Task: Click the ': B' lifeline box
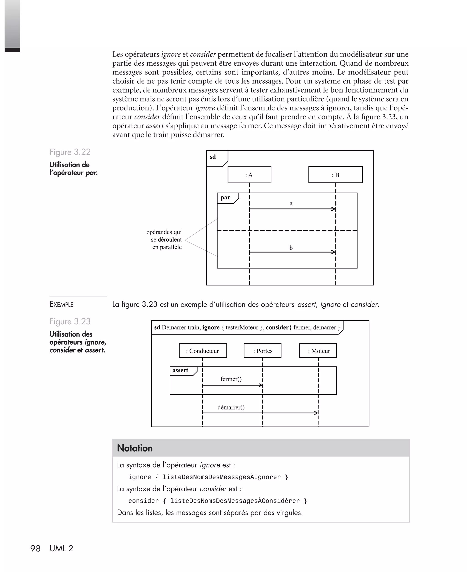335,175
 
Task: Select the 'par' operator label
225,198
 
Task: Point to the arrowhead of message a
334,209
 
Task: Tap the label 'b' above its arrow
291,248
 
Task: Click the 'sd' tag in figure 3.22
213,157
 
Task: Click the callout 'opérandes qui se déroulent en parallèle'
165,240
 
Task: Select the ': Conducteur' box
203,351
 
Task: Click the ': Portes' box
262,351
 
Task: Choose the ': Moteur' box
318,351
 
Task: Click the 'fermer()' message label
231,379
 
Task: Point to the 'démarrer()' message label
231,407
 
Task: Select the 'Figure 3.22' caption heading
70,152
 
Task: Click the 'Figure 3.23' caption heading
70,322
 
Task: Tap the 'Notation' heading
135,448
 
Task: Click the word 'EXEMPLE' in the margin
62,304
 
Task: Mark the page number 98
35,548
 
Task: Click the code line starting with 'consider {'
217,501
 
